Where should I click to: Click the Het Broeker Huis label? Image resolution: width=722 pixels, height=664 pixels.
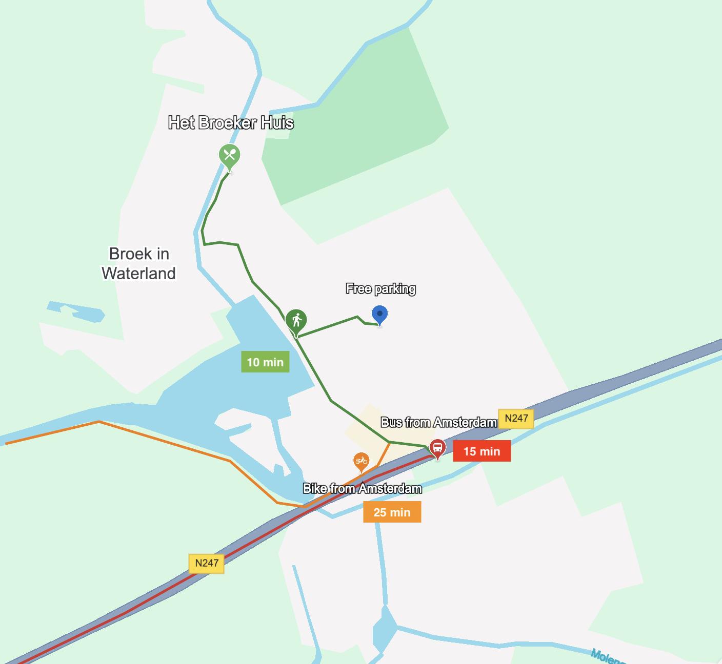coord(231,123)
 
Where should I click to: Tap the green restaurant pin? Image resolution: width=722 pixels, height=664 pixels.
coord(229,155)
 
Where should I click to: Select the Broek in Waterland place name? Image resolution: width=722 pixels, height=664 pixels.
coord(138,263)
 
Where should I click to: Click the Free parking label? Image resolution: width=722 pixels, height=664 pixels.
coord(380,289)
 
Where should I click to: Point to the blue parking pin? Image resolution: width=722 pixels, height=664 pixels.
coord(379,315)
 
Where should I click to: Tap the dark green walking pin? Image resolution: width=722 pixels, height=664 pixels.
coord(296,321)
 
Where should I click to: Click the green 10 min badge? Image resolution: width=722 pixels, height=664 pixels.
coord(265,362)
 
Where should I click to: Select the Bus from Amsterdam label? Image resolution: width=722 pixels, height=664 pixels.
coord(438,422)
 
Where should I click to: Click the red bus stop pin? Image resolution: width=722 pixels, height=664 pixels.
coord(437,448)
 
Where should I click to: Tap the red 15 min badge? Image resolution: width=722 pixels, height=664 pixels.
coord(482,451)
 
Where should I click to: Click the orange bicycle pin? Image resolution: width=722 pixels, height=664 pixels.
coord(361,461)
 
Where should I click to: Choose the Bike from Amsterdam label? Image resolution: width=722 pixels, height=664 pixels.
coord(362,489)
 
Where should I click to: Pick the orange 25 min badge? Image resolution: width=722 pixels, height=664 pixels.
coord(392,512)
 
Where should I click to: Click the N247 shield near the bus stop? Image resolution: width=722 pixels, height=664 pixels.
coord(516,418)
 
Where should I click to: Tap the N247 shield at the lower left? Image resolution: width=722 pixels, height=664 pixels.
coord(207,563)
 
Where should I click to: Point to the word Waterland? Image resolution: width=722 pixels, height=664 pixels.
coord(138,274)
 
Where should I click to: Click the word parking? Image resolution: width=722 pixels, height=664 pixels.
coord(395,289)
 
